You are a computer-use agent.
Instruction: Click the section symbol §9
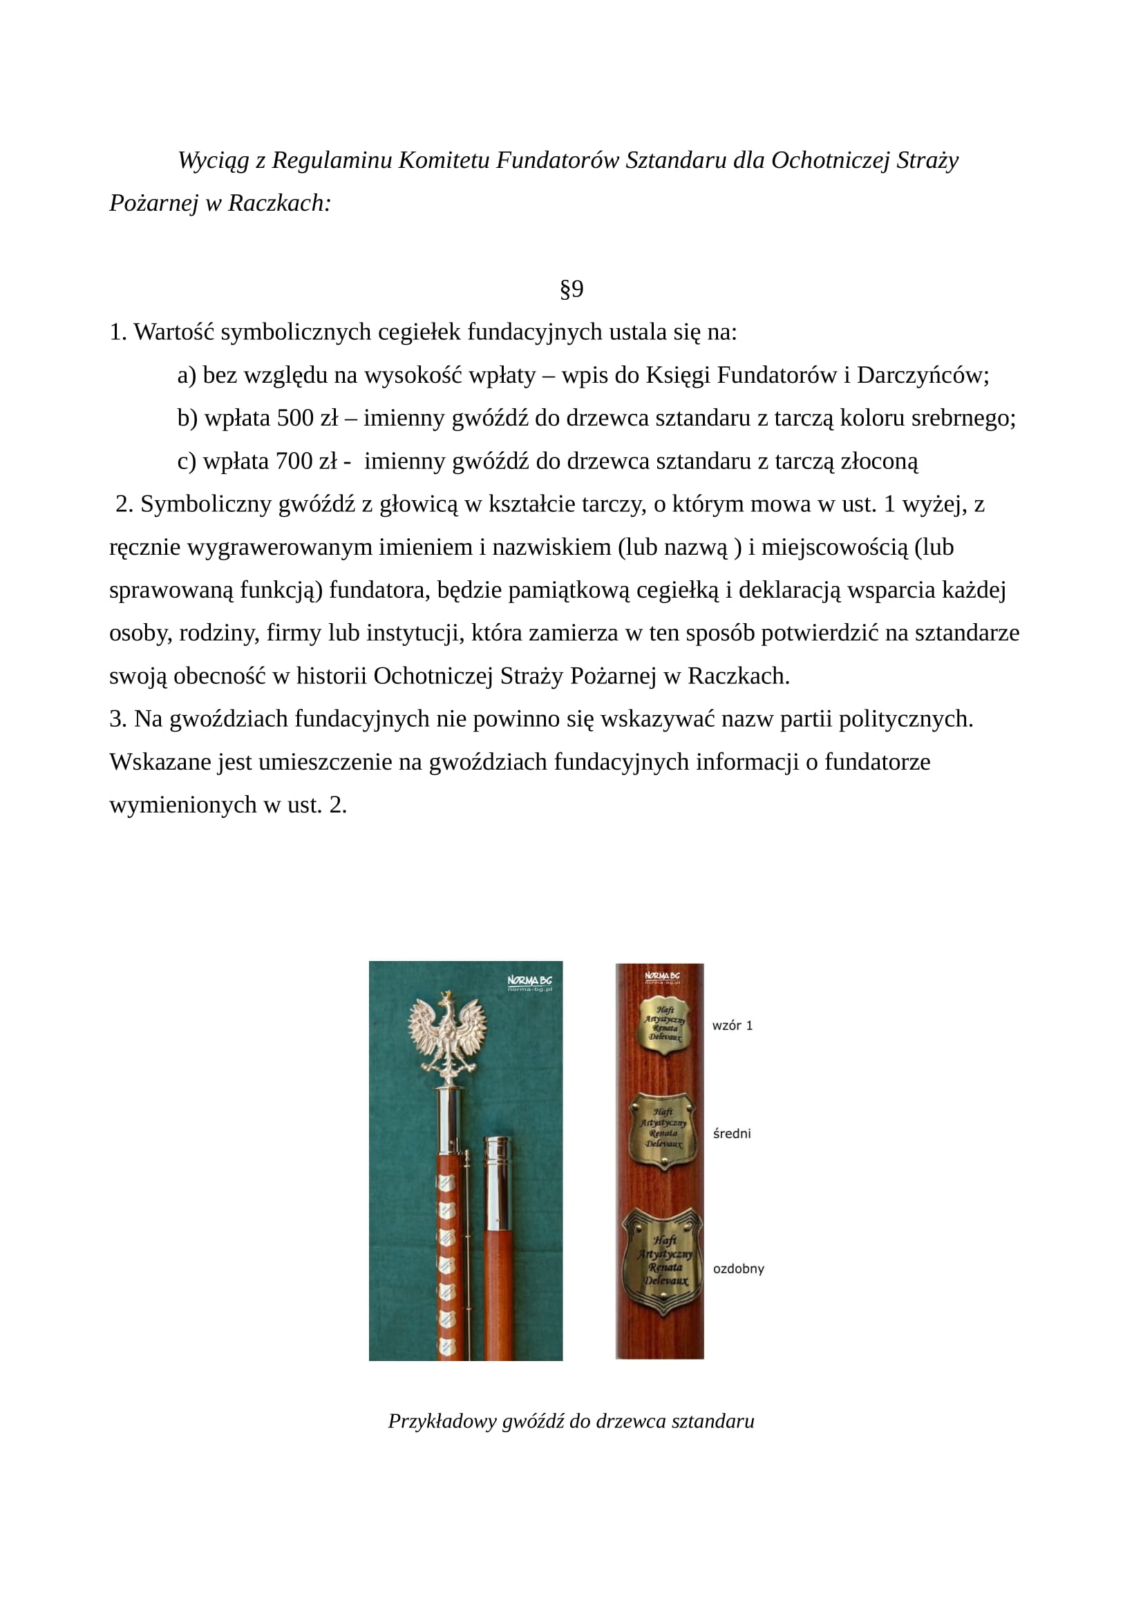click(571, 289)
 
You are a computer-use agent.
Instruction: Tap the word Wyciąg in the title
click(214, 160)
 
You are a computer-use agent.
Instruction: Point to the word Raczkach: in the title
click(279, 203)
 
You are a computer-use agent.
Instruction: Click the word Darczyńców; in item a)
click(923, 375)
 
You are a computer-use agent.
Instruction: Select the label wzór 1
click(732, 1025)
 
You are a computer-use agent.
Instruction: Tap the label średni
click(731, 1133)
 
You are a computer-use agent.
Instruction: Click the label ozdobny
click(738, 1268)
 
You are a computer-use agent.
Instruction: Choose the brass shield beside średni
click(662, 1130)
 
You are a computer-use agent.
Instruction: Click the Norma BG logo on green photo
click(529, 982)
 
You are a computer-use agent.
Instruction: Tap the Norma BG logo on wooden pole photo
click(661, 977)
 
